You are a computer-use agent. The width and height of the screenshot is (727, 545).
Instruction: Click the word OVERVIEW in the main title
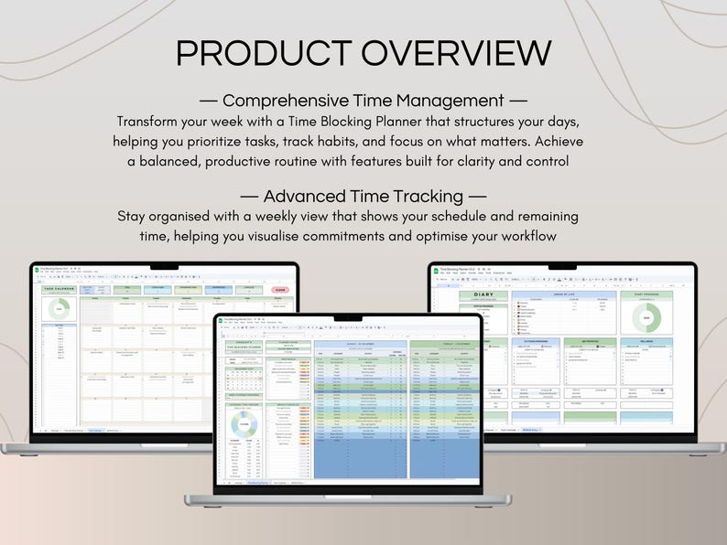click(454, 53)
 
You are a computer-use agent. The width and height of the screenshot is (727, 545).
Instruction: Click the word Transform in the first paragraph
click(150, 122)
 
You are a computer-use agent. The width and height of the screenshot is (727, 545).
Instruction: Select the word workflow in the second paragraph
click(524, 237)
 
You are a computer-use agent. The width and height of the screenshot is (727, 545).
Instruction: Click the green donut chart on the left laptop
click(60, 309)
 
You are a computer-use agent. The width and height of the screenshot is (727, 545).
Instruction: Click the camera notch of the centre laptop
click(347, 318)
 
